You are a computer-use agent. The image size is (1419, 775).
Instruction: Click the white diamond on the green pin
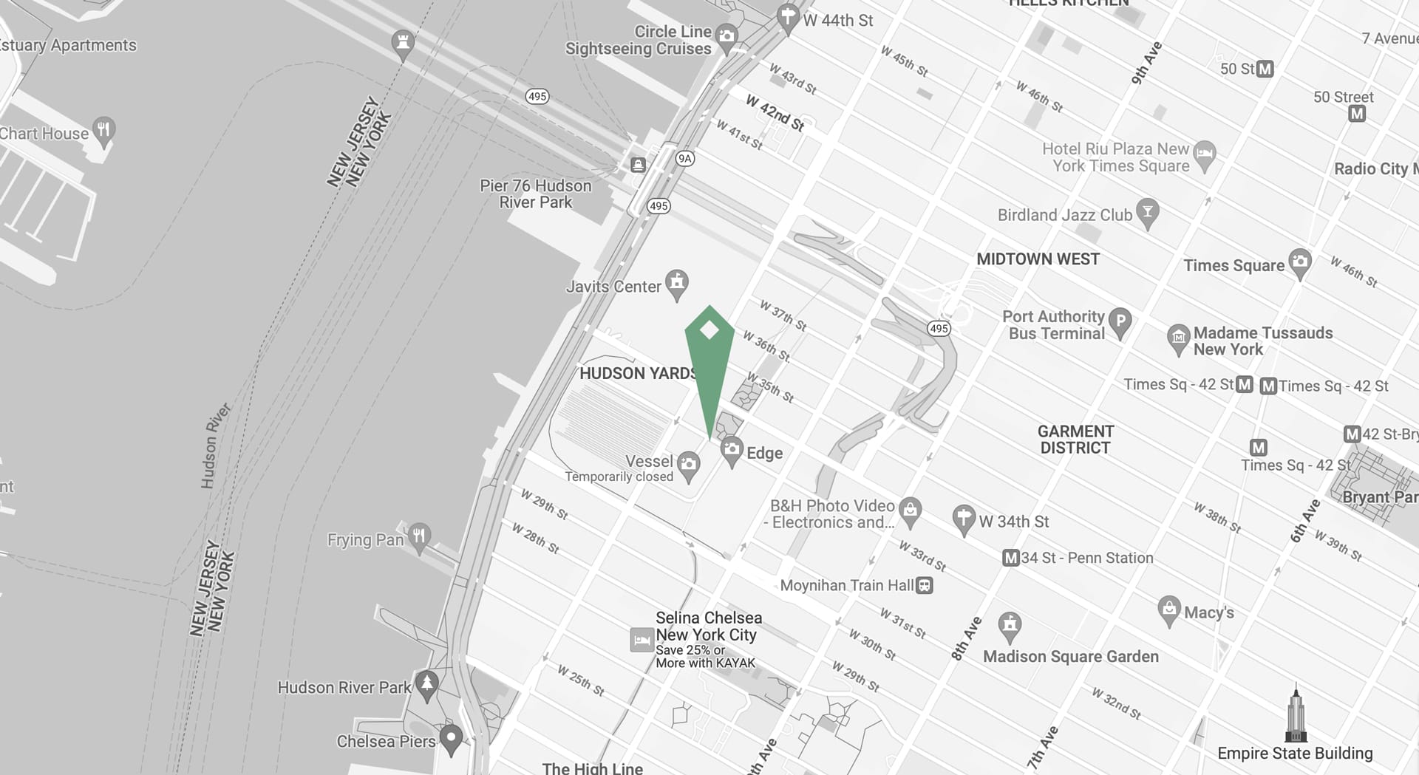point(709,330)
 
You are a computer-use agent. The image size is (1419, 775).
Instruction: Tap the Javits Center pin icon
point(676,283)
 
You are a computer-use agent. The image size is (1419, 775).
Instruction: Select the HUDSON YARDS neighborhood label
point(637,373)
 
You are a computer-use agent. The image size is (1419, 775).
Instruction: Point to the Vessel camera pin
point(689,465)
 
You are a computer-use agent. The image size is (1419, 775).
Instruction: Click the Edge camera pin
point(732,449)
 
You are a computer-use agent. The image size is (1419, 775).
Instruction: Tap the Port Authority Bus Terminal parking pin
point(1120,321)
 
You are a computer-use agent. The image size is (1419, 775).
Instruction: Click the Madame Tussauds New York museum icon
point(1178,338)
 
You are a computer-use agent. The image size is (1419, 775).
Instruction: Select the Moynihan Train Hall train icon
point(924,586)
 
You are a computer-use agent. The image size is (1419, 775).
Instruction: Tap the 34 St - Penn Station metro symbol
point(1010,558)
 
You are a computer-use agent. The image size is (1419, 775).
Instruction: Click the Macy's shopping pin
point(1168,610)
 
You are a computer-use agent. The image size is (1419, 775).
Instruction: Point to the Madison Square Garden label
point(1070,656)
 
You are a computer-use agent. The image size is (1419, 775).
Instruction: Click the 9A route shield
point(685,158)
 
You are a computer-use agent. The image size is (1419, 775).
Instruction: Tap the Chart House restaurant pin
point(104,130)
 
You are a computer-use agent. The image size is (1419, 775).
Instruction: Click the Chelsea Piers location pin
point(451,737)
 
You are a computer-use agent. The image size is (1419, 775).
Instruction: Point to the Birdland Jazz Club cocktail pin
point(1147,212)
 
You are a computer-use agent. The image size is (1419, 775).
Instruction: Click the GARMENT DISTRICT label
point(1075,440)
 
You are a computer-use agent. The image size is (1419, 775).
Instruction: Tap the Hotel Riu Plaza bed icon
point(1205,154)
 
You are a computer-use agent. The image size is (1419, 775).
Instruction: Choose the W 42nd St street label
point(775,113)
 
